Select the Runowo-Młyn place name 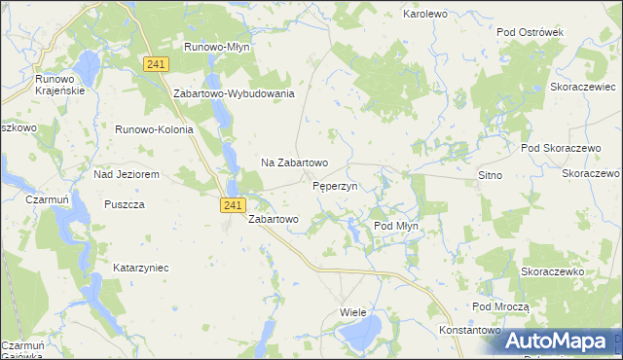coord(219,46)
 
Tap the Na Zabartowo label coord(294,162)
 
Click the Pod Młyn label coord(396,226)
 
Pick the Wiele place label coord(352,312)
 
